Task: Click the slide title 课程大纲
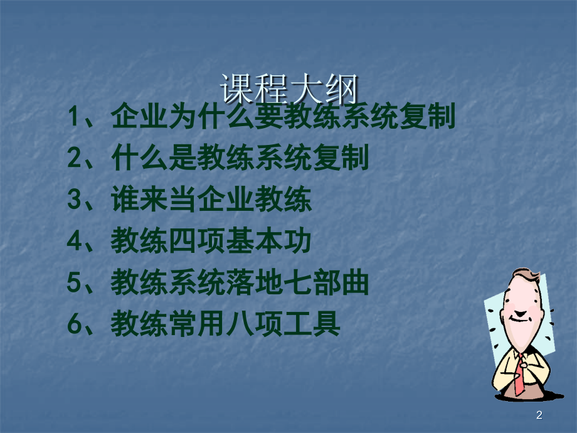click(x=288, y=88)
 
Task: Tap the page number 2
click(x=539, y=414)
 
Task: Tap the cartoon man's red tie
click(x=519, y=373)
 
